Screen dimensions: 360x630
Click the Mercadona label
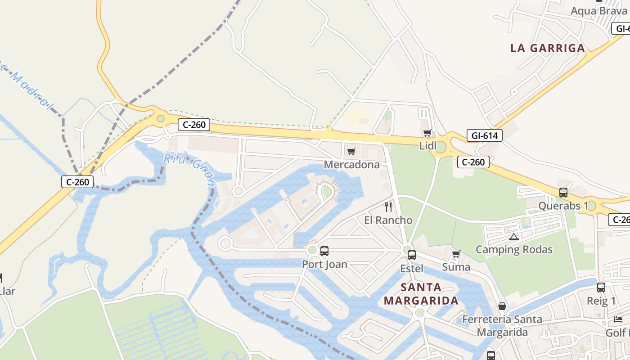tap(352, 165)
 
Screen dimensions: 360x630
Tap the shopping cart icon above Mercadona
tap(351, 151)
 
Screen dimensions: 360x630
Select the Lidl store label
tap(427, 145)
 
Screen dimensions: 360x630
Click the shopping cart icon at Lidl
tap(427, 133)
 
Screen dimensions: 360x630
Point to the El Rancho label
tap(388, 220)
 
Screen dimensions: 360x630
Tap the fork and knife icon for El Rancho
tap(388, 207)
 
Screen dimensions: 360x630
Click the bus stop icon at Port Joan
tap(324, 251)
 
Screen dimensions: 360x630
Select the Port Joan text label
tap(324, 264)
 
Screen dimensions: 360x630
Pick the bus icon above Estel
tap(411, 255)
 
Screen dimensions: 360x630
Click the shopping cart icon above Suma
tap(456, 254)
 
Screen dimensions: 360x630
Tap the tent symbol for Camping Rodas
tap(513, 237)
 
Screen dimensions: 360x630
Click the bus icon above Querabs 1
tap(563, 193)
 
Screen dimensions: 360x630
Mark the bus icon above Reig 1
tap(601, 288)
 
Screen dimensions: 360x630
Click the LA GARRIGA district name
tap(548, 48)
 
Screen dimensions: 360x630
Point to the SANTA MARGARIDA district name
tap(421, 294)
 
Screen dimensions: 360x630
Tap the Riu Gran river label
tap(189, 168)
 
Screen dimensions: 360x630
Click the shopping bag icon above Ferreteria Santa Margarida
tap(502, 306)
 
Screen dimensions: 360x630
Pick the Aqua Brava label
tap(598, 11)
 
